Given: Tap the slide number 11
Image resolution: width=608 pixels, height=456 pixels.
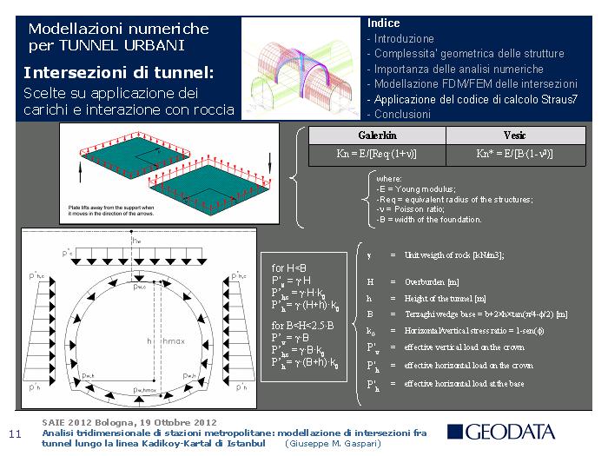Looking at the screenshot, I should click(14, 433).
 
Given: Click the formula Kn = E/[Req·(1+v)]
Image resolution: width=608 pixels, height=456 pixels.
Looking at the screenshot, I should click(378, 155).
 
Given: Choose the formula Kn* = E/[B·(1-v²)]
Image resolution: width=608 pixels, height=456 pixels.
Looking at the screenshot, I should click(514, 155).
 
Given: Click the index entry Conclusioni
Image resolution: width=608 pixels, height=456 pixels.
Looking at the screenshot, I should click(401, 114).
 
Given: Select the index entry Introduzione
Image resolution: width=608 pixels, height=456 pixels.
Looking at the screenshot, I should click(404, 39).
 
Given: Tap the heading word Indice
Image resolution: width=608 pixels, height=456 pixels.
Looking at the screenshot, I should click(384, 23).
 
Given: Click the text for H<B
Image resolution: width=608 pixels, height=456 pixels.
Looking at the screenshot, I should click(290, 268).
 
